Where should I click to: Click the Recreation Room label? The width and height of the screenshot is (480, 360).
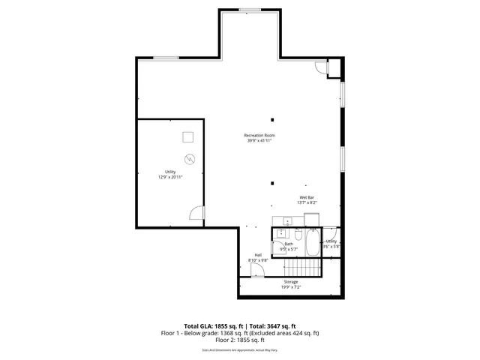(x=259, y=135)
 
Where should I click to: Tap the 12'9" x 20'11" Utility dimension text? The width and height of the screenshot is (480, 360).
(x=170, y=177)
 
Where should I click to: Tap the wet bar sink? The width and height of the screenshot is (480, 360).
(x=286, y=221)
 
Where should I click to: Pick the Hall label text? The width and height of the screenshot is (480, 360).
(x=258, y=255)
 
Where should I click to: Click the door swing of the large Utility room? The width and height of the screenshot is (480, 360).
(x=196, y=214)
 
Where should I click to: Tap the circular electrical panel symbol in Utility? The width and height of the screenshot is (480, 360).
(x=190, y=158)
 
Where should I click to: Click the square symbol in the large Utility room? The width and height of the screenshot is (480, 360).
(x=188, y=136)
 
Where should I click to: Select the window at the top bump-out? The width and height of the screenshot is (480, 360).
(x=250, y=10)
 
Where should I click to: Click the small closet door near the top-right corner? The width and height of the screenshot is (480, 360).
(x=321, y=68)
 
